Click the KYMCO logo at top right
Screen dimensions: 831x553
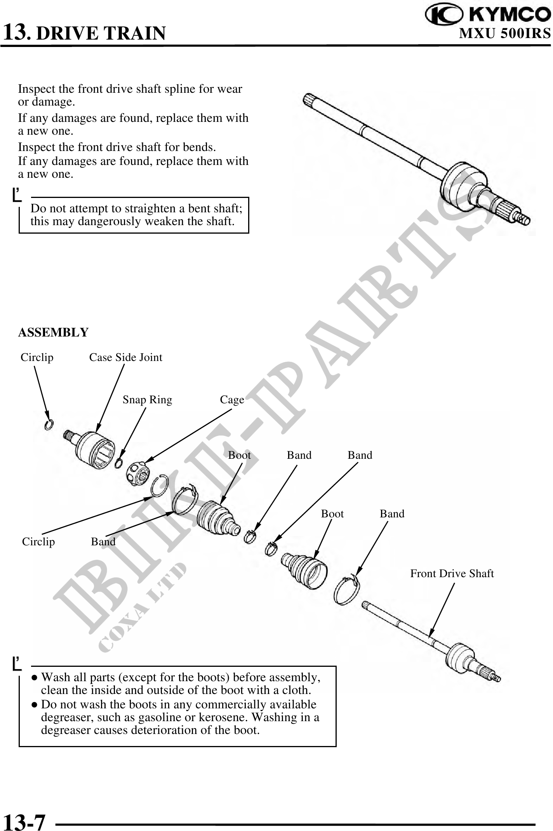488,15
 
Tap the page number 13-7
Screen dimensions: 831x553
24,820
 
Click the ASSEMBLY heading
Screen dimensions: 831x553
53,332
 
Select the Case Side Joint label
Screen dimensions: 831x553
125,357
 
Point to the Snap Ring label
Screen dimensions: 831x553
147,399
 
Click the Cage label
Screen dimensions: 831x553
232,399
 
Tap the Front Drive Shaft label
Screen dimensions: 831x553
452,573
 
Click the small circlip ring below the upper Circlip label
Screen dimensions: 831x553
49,425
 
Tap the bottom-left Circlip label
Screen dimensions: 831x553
38,541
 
